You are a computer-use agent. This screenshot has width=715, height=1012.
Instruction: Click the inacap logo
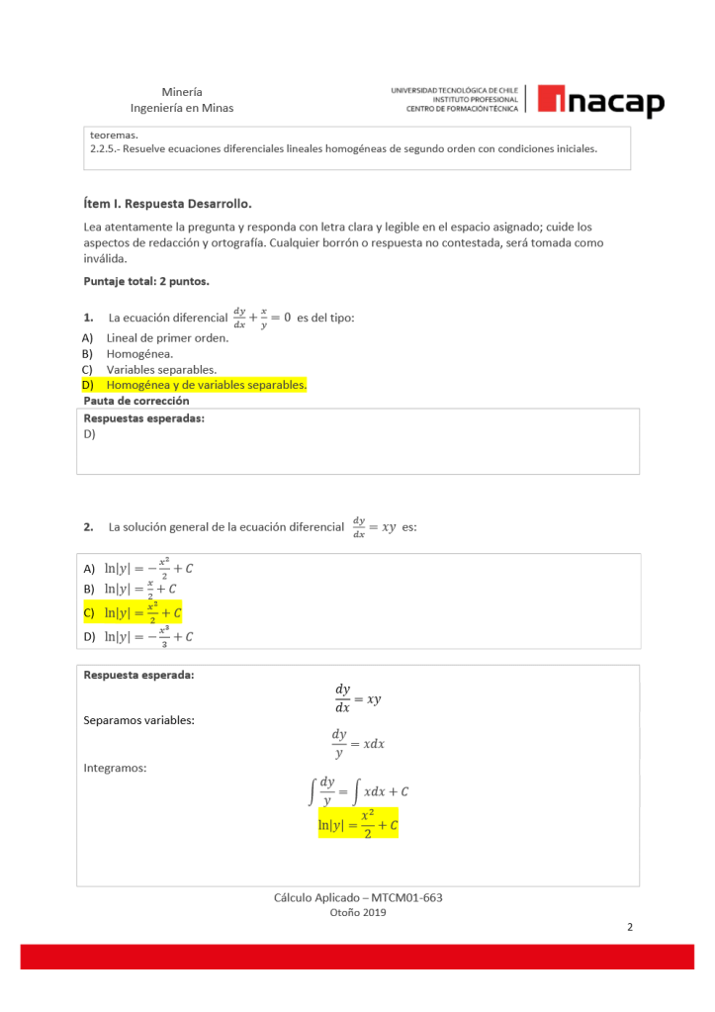pos(601,99)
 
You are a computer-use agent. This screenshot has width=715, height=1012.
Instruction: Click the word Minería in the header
pos(182,91)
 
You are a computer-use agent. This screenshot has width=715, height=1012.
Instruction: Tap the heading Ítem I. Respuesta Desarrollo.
pos(168,204)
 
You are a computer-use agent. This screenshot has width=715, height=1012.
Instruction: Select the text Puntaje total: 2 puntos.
pos(146,281)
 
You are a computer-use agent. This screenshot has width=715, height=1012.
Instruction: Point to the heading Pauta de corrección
pos(136,401)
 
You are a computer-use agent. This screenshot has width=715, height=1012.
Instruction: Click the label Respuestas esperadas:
pos(143,417)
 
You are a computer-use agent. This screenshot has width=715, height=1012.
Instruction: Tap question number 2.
pos(89,527)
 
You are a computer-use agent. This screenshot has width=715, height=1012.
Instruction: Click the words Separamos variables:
pos(139,719)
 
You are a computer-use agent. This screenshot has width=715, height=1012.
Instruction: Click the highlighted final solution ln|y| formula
pos(358,822)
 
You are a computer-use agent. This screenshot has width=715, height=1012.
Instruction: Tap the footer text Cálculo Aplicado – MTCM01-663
pos(358,897)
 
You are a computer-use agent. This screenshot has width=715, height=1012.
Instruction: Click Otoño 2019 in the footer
pos(358,913)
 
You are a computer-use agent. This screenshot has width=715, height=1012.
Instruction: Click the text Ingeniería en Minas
pos(182,108)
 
